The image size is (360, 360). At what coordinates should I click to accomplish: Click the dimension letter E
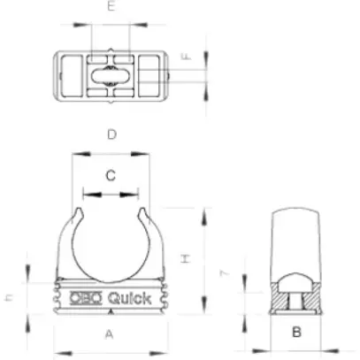(111, 6)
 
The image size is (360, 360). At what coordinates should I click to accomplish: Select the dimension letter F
(187, 57)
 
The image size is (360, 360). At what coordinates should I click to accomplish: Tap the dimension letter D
(111, 134)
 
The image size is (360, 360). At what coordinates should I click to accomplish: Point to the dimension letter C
(111, 175)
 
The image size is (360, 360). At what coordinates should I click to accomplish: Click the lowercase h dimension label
(8, 297)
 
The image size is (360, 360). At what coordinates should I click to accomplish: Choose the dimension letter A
(110, 334)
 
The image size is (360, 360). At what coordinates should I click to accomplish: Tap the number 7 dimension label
(226, 276)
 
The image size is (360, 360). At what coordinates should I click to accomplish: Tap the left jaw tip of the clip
(82, 212)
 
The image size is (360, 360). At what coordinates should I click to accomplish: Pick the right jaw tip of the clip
(141, 212)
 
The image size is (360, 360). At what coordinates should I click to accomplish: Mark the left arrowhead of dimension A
(56, 347)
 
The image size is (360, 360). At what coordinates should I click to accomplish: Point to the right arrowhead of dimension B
(322, 347)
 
